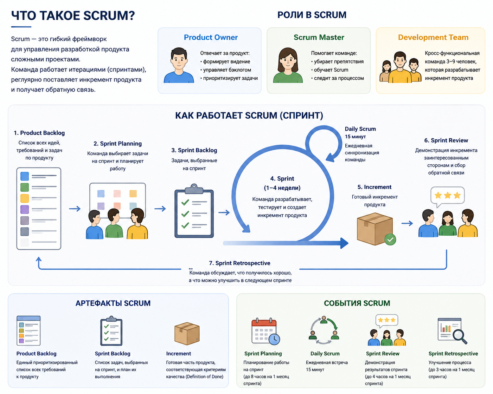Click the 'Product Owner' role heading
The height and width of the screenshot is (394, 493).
pos(211,37)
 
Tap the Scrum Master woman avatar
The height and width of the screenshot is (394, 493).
pos(288,65)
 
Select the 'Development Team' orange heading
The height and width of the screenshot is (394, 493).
pos(433,37)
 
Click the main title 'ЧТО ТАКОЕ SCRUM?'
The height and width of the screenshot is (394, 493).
pos(73,15)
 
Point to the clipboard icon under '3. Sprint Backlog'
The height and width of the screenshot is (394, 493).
pos(194,210)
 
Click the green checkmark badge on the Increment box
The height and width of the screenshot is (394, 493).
pos(390,239)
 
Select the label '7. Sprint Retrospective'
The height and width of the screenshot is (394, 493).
pos(239,263)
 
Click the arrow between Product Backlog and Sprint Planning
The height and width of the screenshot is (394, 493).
pos(75,209)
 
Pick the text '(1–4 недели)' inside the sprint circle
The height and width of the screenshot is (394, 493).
pos(282,188)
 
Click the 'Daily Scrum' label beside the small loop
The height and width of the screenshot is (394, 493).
pos(360,129)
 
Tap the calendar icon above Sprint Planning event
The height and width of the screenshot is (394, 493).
pos(265,331)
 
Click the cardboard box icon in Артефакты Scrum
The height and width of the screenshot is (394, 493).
pos(187,333)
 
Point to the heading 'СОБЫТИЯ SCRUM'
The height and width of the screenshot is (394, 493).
pos(357,303)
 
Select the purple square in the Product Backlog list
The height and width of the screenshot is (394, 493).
pos(25,209)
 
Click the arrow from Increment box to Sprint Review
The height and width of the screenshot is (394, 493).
pos(407,223)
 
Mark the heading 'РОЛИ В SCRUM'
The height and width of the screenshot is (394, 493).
pos(312,15)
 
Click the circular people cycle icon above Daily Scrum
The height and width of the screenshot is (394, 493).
pos(324,330)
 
